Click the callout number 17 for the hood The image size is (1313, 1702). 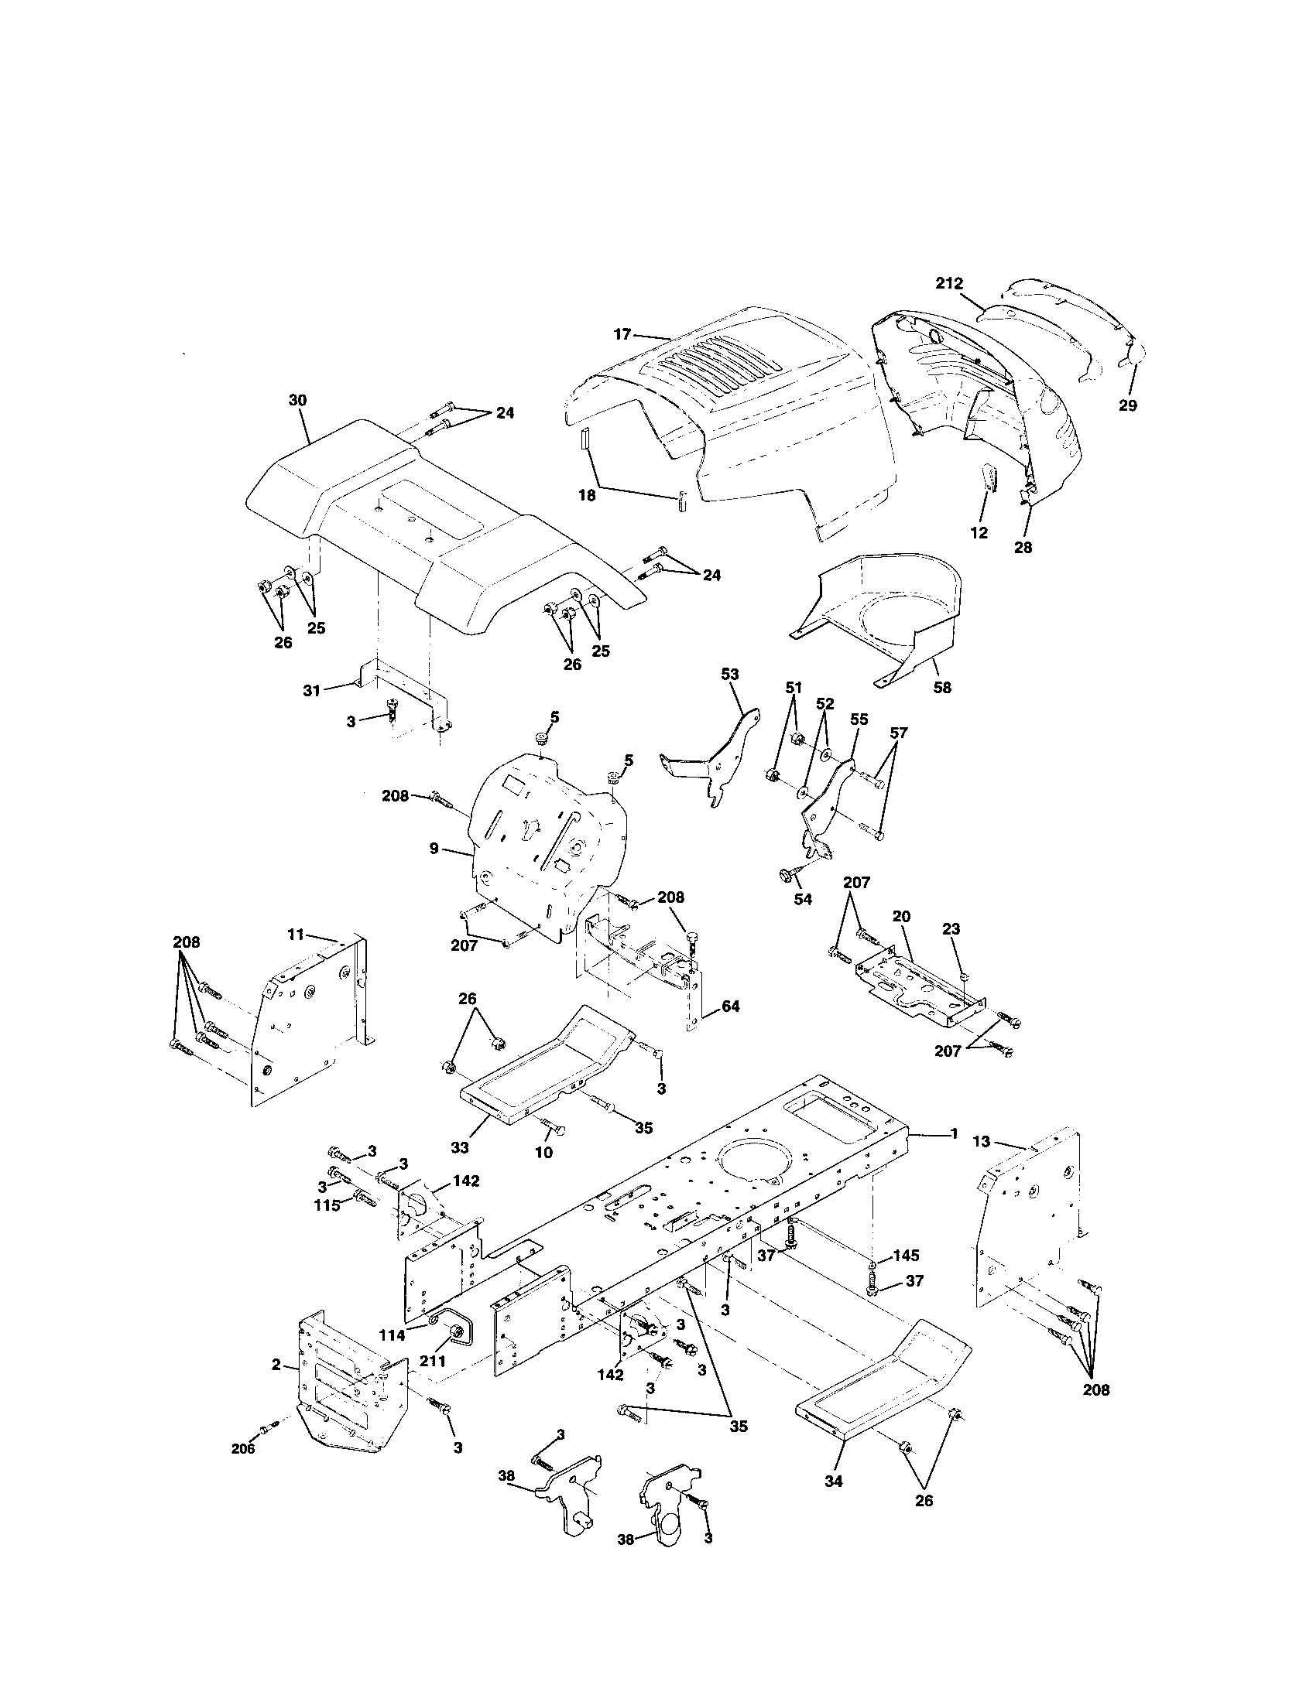tap(622, 334)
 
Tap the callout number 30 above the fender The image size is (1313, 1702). tap(297, 401)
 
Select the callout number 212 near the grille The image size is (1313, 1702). tap(950, 284)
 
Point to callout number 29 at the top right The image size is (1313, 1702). tap(1127, 405)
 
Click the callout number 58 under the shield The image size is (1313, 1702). tap(942, 688)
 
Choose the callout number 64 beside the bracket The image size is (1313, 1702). tap(730, 1006)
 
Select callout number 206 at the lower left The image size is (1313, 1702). tap(244, 1449)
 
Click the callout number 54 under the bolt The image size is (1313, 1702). tap(802, 899)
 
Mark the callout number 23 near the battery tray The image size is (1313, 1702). tap(951, 929)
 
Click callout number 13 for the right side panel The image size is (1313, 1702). tap(982, 1142)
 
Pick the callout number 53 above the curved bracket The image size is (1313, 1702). tap(730, 674)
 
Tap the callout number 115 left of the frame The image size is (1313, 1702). tap(327, 1205)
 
